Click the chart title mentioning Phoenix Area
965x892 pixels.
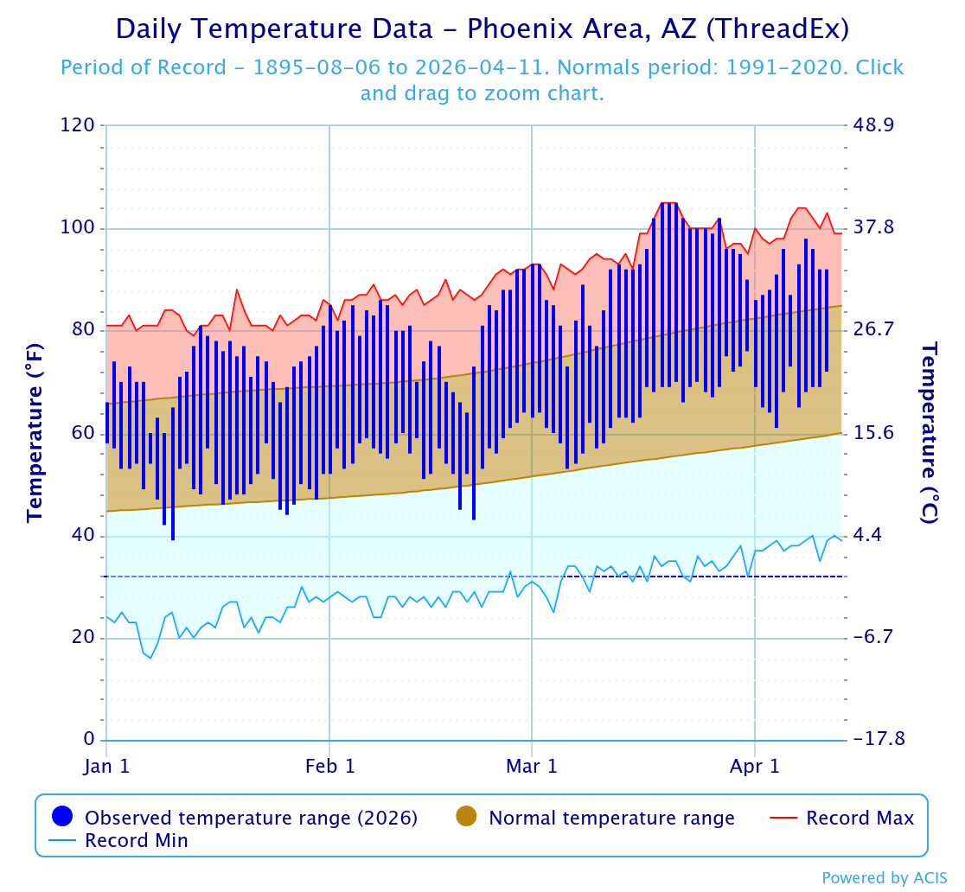[x=482, y=29]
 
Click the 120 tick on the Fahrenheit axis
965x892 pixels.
[x=77, y=125]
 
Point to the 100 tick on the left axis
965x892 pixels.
[x=77, y=228]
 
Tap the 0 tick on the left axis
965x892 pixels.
[x=88, y=740]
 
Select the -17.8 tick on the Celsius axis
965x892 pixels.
[x=879, y=740]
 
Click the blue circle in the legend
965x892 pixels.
[x=62, y=817]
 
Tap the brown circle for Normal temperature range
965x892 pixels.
[x=466, y=817]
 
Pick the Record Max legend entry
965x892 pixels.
[x=860, y=818]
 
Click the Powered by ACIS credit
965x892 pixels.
[x=884, y=877]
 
